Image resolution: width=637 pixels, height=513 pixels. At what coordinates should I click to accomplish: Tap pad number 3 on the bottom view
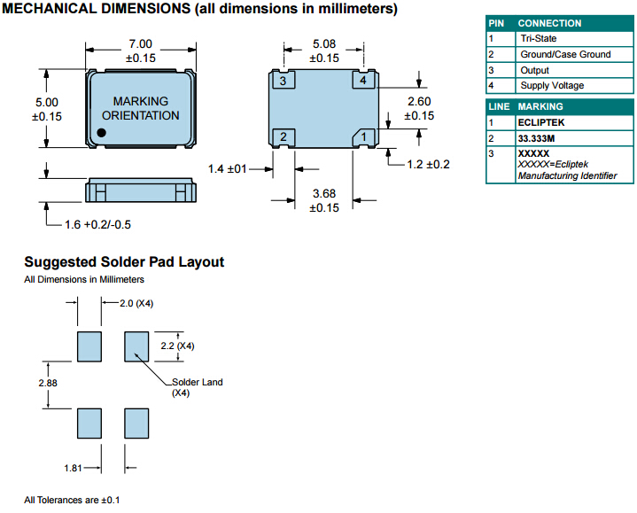(283, 82)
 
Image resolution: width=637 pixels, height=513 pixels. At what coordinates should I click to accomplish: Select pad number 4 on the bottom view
(362, 81)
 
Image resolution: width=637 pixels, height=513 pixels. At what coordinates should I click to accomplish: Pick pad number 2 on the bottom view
(283, 136)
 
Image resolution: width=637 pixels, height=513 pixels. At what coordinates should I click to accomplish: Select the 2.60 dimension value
(419, 101)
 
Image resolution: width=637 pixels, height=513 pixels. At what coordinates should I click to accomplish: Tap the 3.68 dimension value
(323, 194)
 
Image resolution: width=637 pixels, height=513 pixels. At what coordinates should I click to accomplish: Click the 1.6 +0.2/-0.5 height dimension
(97, 224)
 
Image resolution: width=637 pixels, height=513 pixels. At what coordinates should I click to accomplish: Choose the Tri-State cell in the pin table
(539, 39)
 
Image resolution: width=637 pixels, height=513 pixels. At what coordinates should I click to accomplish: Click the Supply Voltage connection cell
(552, 86)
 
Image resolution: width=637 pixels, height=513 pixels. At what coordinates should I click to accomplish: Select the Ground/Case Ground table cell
(565, 55)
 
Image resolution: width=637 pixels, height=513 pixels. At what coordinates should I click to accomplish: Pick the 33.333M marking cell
(540, 138)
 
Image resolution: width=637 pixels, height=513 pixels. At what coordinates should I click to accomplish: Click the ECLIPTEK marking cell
(541, 122)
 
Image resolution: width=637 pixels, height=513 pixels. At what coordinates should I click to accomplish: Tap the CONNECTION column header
(549, 23)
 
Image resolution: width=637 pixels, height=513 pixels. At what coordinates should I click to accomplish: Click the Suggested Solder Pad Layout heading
(124, 262)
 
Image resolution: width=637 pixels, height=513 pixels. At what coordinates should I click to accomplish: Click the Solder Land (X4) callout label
(196, 386)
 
